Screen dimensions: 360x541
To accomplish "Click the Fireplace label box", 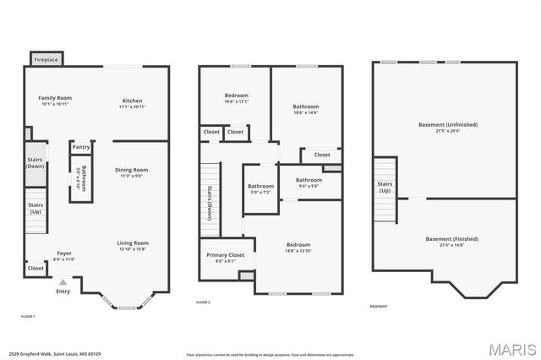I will (x=46, y=61).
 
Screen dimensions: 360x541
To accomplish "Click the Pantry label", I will (x=81, y=147).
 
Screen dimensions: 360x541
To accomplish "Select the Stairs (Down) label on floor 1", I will (x=36, y=162).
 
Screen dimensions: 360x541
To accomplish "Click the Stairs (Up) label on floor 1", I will (x=36, y=207).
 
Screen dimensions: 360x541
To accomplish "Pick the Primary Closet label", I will (x=225, y=257).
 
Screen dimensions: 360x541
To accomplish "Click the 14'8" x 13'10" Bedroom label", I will (x=298, y=248).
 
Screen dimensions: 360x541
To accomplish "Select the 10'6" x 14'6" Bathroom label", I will (x=305, y=109).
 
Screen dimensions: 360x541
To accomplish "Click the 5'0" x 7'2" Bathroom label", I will (x=260, y=188).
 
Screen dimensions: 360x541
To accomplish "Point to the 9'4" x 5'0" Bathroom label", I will (x=309, y=183).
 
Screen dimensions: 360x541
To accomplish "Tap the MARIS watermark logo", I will (x=511, y=348).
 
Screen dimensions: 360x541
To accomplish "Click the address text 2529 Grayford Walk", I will (x=43, y=354).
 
